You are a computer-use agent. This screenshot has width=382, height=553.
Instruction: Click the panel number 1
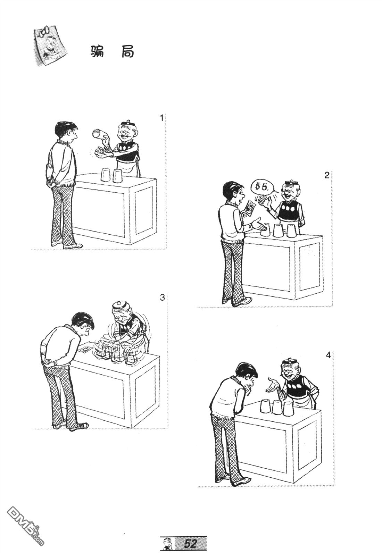click(x=161, y=118)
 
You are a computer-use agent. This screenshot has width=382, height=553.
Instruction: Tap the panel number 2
click(x=326, y=176)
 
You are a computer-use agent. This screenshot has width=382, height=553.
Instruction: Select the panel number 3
click(x=162, y=298)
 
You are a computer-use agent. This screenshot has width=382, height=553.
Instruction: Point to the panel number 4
click(x=328, y=355)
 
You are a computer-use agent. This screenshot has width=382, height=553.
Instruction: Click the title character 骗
click(x=97, y=52)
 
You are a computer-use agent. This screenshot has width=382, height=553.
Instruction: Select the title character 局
click(x=128, y=52)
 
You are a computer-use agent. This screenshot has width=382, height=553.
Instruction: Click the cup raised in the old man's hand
click(x=99, y=134)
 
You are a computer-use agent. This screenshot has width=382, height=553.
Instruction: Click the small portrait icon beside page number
click(x=166, y=544)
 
